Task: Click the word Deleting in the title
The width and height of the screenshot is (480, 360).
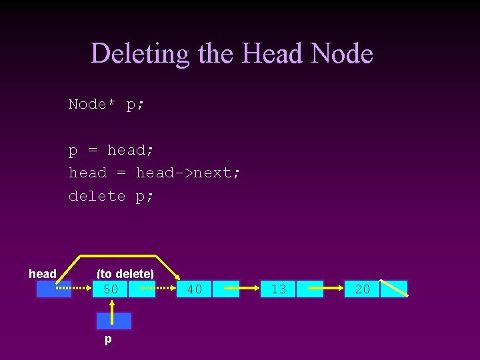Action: tap(140, 53)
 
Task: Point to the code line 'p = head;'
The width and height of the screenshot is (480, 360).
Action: tap(111, 151)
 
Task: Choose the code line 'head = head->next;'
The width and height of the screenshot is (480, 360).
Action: tap(155, 173)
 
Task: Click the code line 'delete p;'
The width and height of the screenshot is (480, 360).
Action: tap(111, 196)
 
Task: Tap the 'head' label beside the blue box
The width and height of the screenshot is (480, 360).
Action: tap(43, 274)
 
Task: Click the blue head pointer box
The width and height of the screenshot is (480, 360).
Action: tap(54, 289)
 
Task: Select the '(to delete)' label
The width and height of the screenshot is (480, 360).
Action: tap(125, 274)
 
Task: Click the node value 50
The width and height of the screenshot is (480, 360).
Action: tap(111, 289)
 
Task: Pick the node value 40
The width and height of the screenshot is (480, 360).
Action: tap(195, 289)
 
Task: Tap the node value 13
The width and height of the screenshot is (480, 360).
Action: tap(279, 289)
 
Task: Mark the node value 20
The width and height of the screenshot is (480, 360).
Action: tap(363, 289)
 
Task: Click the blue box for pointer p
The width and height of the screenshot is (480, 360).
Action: tap(113, 321)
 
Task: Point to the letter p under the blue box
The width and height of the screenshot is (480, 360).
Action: tap(108, 340)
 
